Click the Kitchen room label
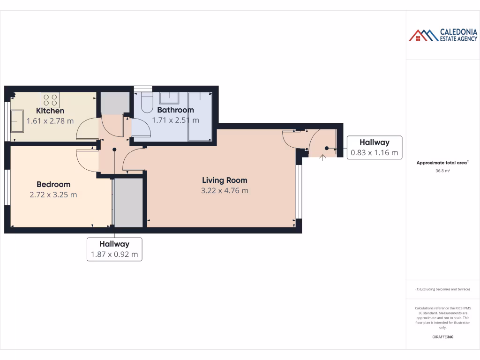pyautogui.click(x=50, y=111)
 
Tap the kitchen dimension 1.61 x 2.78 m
pyautogui.click(x=50, y=121)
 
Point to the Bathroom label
pyautogui.click(x=175, y=110)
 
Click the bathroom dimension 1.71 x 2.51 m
pyautogui.click(x=175, y=120)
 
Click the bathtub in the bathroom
pyautogui.click(x=200, y=116)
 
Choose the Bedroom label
pyautogui.click(x=53, y=185)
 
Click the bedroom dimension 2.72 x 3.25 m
pyautogui.click(x=53, y=195)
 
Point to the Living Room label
pyautogui.click(x=225, y=180)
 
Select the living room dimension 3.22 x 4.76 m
pyautogui.click(x=225, y=190)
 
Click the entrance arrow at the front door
pyautogui.click(x=322, y=157)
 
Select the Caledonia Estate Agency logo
pyautogui.click(x=442, y=35)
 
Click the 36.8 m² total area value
pyautogui.click(x=442, y=171)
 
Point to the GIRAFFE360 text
pyautogui.click(x=442, y=337)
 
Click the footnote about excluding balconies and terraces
pyautogui.click(x=442, y=289)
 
